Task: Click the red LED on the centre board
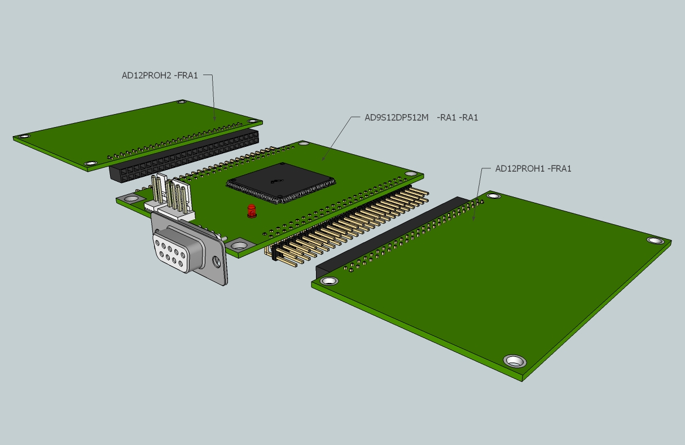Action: coord(251,211)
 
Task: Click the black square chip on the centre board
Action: coord(281,183)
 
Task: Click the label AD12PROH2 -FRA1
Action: coord(160,75)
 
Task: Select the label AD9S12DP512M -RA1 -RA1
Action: coord(421,117)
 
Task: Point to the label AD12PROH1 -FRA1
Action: coord(533,169)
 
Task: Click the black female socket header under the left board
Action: coord(184,156)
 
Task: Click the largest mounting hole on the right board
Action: coord(515,361)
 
